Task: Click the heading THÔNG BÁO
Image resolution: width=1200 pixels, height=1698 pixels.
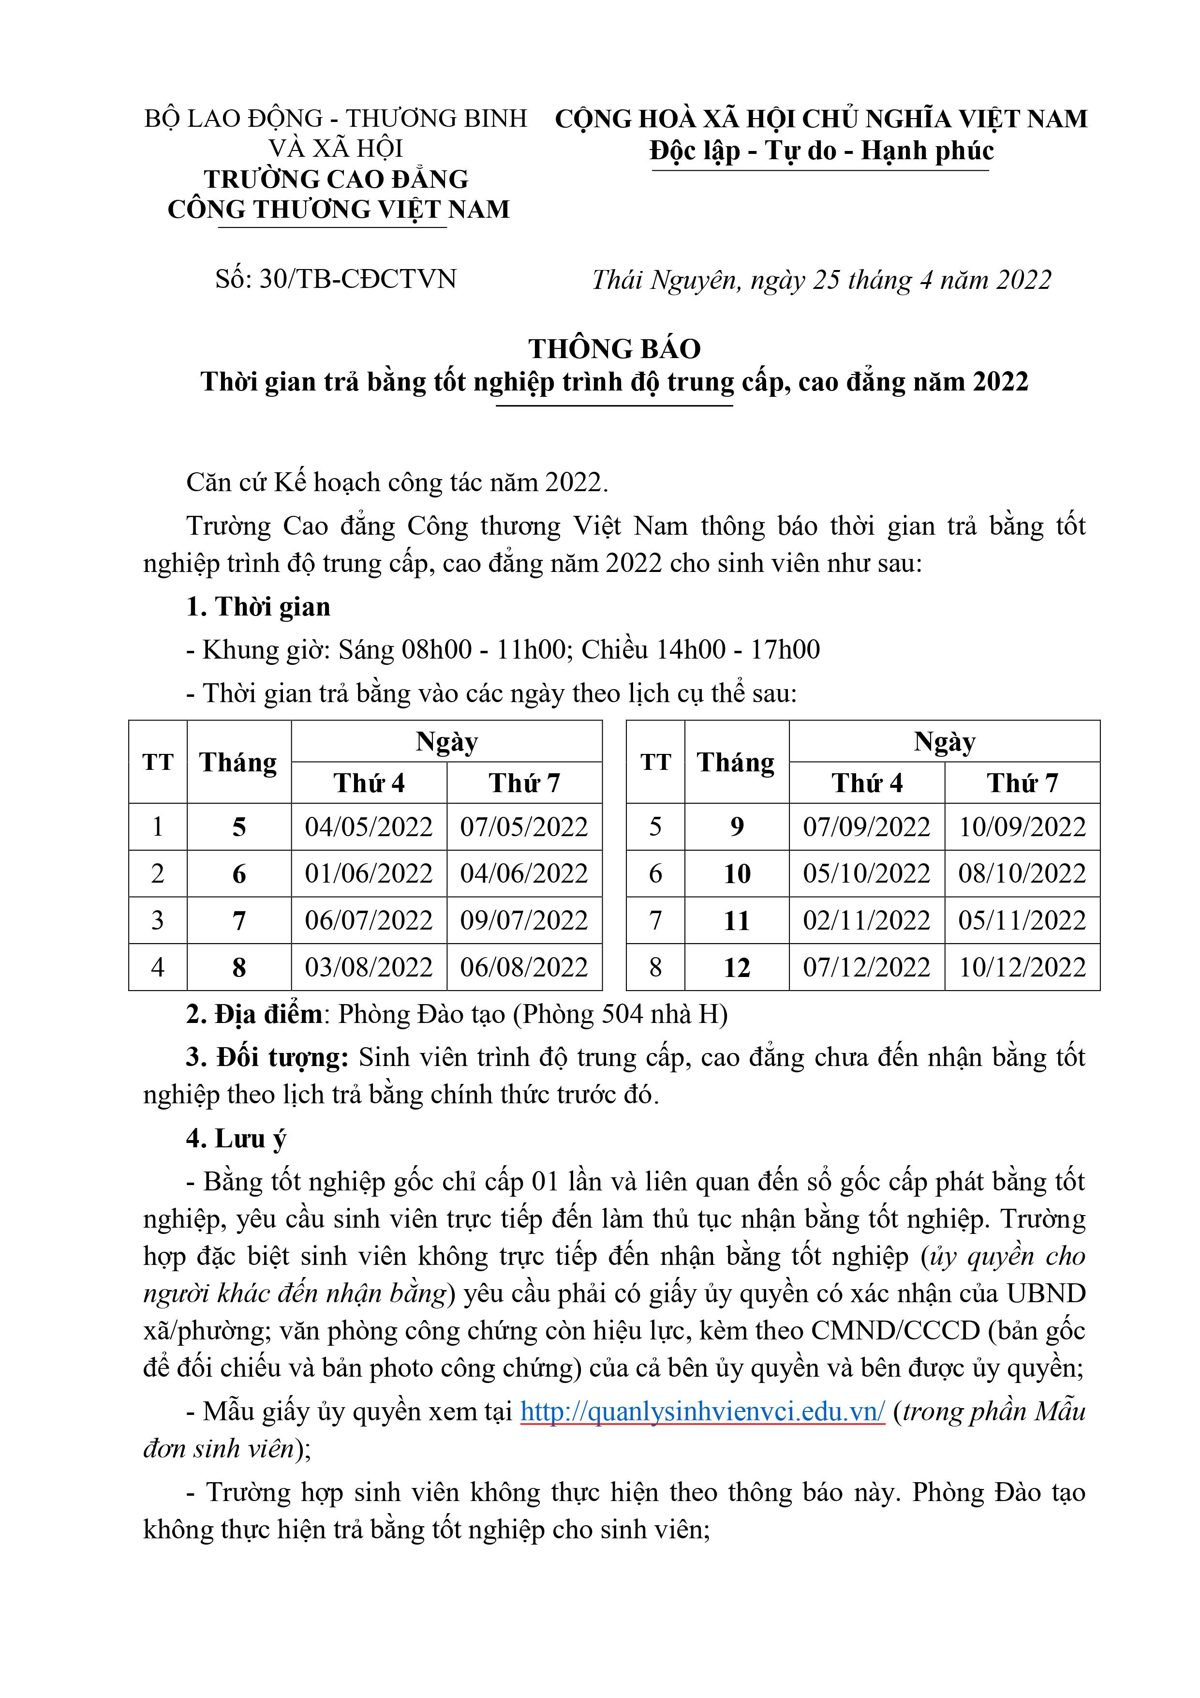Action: point(614,349)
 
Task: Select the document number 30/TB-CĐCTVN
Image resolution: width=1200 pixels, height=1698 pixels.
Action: point(358,280)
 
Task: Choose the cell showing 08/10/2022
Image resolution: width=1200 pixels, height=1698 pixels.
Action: point(1022,874)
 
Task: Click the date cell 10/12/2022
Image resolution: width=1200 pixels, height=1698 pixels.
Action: point(1022,967)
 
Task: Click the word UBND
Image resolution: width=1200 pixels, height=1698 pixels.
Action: point(1046,1293)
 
